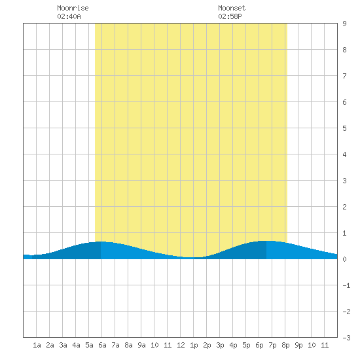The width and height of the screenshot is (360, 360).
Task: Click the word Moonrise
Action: coord(73,8)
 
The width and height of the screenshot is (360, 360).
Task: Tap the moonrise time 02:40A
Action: coord(69,16)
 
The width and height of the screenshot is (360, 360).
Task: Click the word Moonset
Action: coord(232,8)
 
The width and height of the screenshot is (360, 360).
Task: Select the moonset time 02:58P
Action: coord(230,16)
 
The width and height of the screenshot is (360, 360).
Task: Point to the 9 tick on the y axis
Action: coord(344,24)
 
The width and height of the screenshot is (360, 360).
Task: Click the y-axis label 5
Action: coord(344,128)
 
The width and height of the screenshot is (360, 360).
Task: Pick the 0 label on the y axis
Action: coord(344,259)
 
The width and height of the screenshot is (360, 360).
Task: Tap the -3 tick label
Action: coord(346,338)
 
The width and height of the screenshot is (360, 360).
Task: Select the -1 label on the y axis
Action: coord(346,285)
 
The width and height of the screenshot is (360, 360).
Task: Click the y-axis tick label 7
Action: coord(344,76)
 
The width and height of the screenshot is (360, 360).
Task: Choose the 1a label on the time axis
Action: coord(37,345)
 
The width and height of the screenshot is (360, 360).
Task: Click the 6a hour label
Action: coord(102,345)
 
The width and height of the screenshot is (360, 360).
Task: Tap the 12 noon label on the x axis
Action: coord(181,345)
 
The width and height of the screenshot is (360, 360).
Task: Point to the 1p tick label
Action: coord(194,345)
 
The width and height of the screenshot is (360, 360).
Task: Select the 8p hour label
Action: coord(285,345)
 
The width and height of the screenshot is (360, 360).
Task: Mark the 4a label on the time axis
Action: coord(76,345)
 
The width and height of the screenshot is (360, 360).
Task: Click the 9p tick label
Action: coord(298,345)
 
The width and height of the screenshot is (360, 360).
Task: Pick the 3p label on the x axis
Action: coord(220,345)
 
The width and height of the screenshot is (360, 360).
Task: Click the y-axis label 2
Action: coord(344,207)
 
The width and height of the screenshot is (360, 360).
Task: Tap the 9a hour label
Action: coord(141,345)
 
